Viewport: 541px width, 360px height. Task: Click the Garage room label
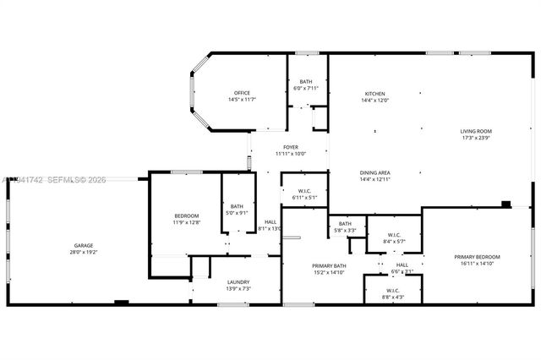tap(83, 246)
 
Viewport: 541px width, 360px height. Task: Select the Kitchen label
tap(375, 93)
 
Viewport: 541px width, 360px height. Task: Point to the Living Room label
tap(476, 131)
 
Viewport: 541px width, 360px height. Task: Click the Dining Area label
tap(375, 172)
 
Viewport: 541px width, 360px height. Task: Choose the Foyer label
tap(290, 147)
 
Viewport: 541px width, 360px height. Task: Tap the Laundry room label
tap(238, 282)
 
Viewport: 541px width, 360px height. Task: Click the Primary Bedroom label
tap(477, 257)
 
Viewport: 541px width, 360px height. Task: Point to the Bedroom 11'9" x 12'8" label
tap(186, 215)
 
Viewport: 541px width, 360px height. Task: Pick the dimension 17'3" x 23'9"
tap(476, 139)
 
